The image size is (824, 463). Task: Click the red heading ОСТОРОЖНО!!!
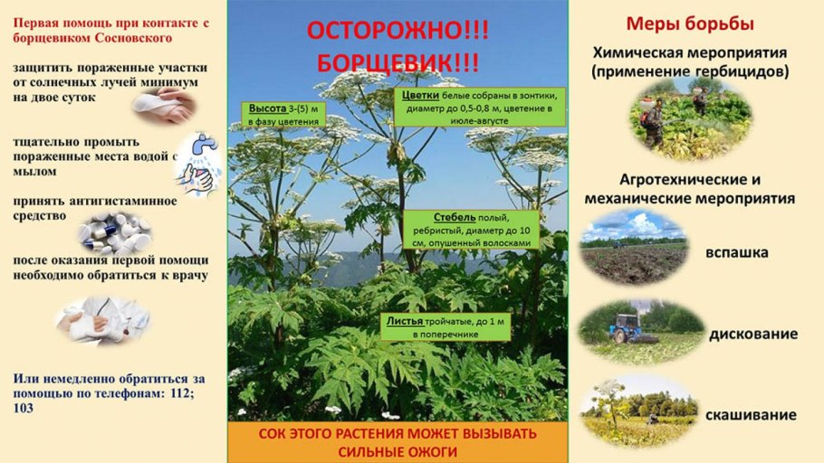[398, 30]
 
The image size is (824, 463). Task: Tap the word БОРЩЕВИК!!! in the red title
[398, 63]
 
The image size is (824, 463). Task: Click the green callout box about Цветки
[479, 108]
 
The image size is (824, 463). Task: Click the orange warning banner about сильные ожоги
[398, 442]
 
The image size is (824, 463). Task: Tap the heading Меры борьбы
[691, 24]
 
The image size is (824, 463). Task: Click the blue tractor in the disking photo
[624, 326]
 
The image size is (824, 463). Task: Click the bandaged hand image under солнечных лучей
[163, 106]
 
